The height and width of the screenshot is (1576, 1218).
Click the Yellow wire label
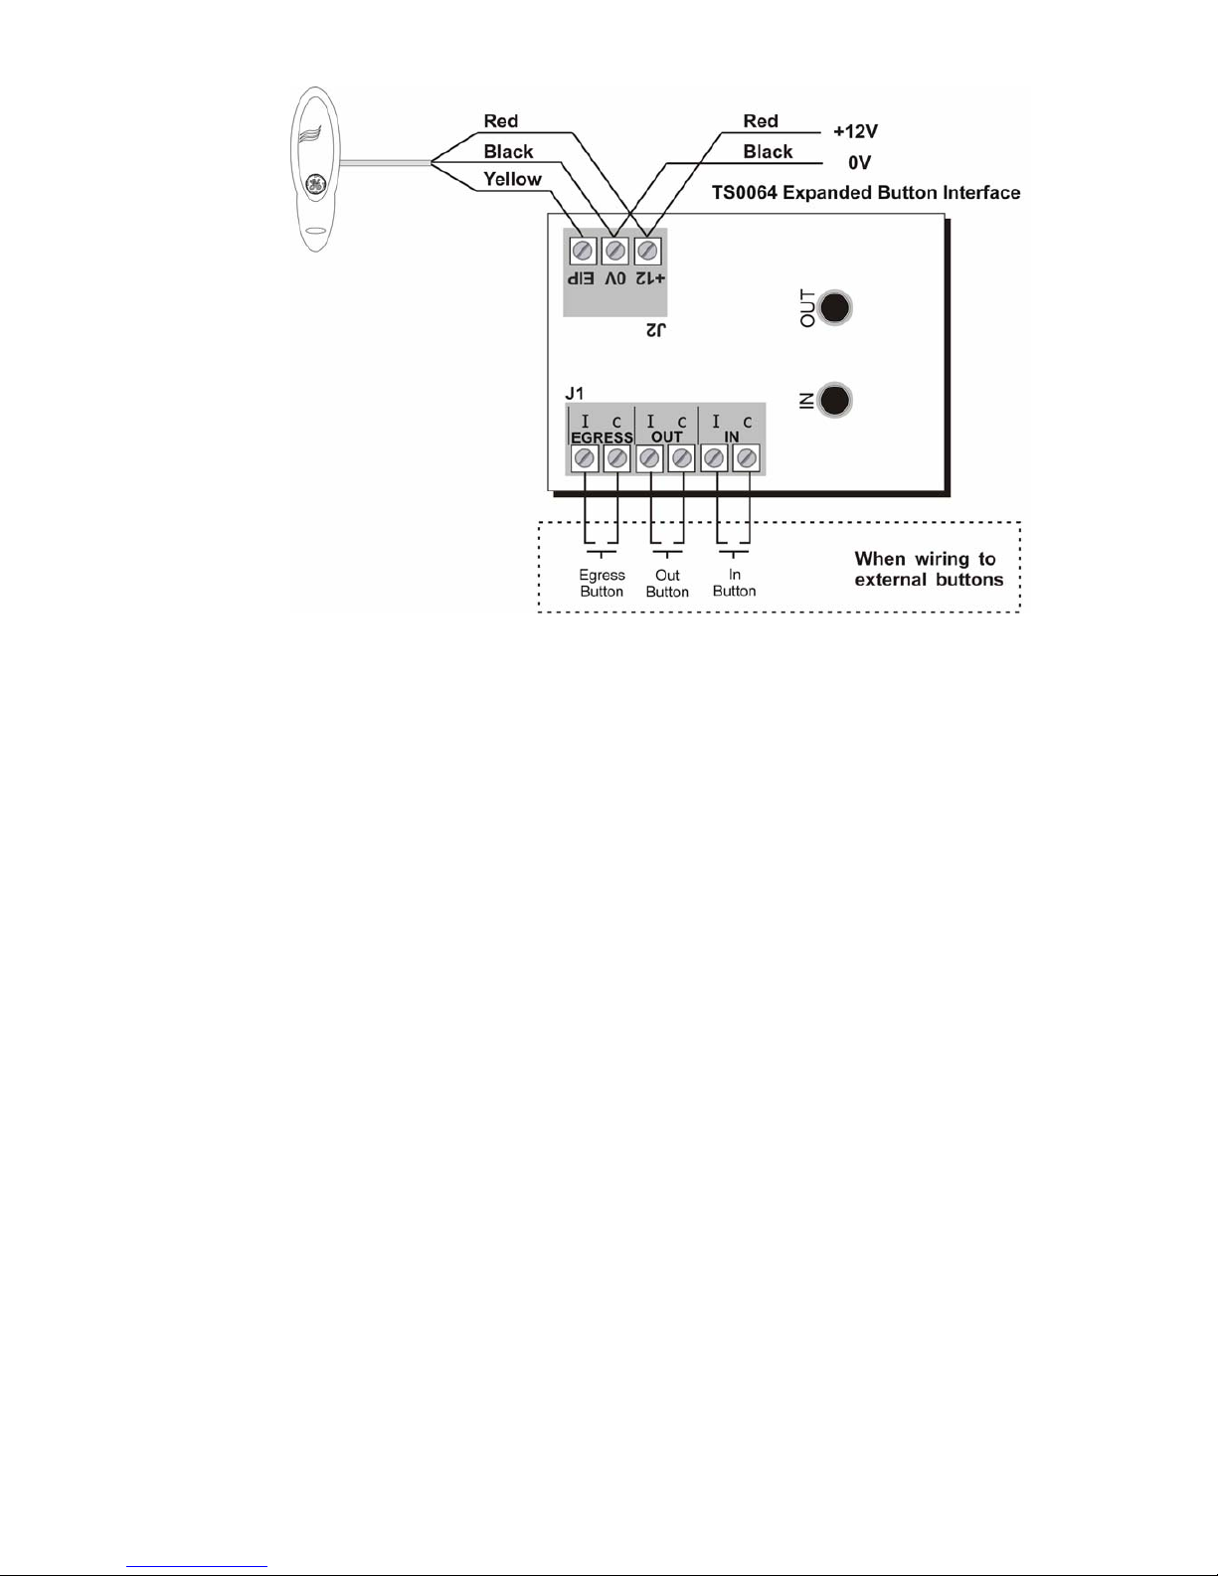512,180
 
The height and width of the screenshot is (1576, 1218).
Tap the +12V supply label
855,131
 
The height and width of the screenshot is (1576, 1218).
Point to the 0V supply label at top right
859,162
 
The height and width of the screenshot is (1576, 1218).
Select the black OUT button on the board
836,307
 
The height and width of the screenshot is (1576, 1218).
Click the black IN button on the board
836,400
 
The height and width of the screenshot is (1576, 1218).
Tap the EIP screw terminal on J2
583,251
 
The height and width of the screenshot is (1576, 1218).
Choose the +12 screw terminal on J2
647,251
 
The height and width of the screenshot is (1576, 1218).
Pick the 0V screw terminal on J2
615,251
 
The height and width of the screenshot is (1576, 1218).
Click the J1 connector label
574,395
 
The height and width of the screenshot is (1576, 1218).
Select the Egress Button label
602,583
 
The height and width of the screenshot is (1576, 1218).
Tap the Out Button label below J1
667,583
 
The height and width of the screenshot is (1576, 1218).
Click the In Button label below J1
734,583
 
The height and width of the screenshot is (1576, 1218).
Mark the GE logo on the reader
315,185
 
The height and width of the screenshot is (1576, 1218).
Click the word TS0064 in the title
745,193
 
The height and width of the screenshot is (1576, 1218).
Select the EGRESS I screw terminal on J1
585,457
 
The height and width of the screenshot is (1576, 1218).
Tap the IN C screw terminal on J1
746,457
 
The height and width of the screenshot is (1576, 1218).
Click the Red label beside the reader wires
501,121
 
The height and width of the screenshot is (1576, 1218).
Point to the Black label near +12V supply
768,152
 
